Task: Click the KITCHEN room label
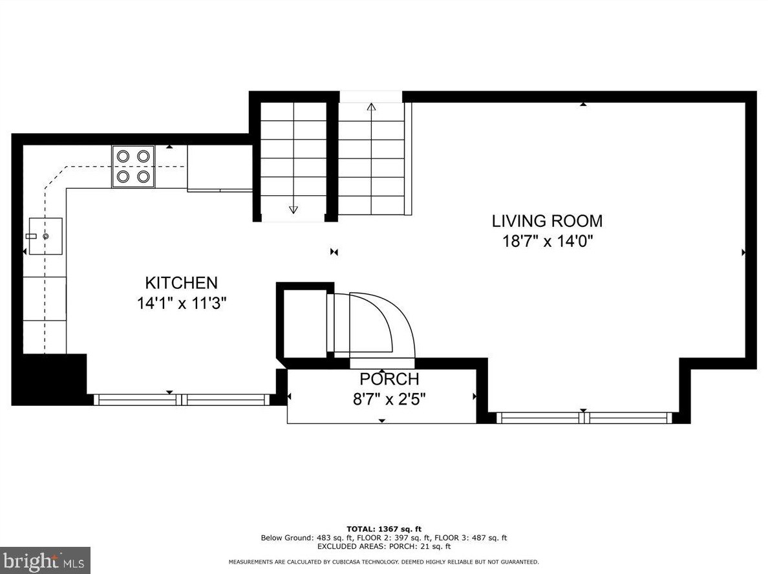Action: [x=181, y=282]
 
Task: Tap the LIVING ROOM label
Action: [x=547, y=221]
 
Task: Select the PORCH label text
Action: [x=389, y=379]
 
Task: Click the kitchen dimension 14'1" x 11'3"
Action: [x=181, y=303]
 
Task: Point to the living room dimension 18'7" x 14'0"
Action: [x=548, y=242]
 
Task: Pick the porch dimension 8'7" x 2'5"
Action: [x=389, y=399]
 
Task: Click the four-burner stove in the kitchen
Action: [x=133, y=167]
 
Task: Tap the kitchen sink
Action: [x=45, y=236]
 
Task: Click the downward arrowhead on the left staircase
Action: [x=293, y=210]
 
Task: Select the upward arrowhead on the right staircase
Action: [x=371, y=107]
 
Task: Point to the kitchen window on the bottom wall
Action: [x=182, y=399]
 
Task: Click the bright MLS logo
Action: [x=45, y=560]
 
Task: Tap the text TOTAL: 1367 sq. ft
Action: [x=384, y=529]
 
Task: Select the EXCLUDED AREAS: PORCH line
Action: [x=384, y=547]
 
